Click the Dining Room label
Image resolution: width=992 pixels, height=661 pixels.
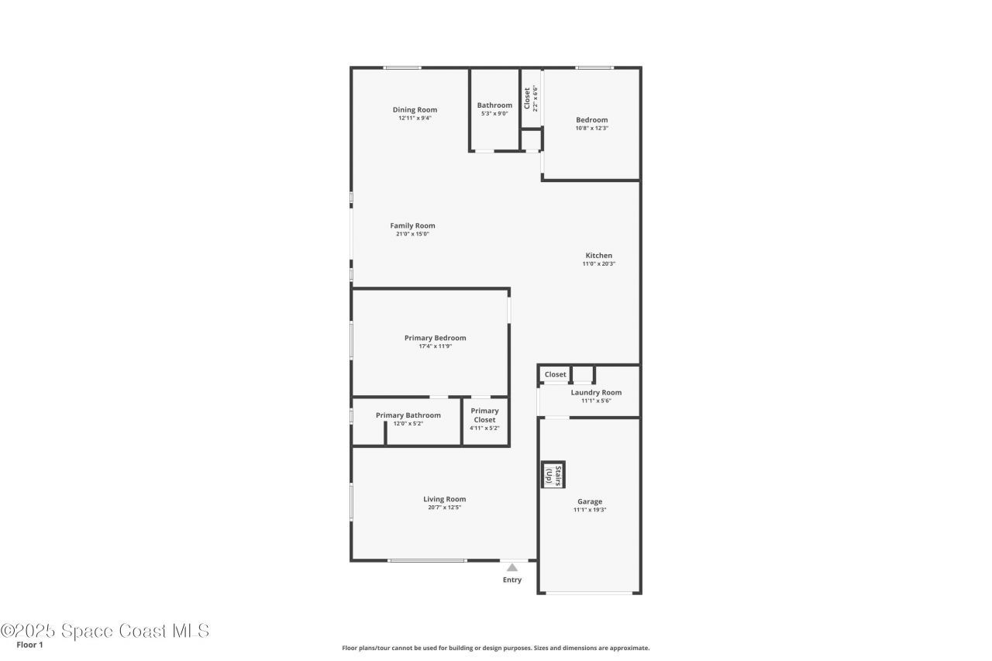tap(415, 110)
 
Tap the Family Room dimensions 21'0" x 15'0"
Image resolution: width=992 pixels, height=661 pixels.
tap(412, 234)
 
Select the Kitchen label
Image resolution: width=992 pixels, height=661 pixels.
tap(598, 256)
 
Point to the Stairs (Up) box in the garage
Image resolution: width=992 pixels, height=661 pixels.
tap(553, 475)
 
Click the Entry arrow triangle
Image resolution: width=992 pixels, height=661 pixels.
tap(512, 567)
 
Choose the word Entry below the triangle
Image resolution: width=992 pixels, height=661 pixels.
tap(512, 580)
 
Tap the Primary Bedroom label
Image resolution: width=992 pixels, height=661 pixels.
tap(435, 338)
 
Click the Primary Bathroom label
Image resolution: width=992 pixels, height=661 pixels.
tap(408, 415)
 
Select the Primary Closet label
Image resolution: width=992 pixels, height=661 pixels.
tap(484, 415)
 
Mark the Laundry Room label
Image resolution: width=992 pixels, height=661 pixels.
tap(596, 392)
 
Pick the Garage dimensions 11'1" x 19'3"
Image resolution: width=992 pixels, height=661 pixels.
tap(590, 510)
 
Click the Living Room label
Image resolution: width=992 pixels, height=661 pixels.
tap(444, 499)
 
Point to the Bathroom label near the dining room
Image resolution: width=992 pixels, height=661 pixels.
tap(494, 105)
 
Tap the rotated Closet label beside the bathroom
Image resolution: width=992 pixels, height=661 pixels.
tap(527, 98)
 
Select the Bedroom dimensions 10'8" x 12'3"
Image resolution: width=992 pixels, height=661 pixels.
tap(591, 128)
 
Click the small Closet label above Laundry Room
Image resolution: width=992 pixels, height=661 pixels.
tap(555, 374)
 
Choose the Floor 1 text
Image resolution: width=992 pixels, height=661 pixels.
tap(29, 645)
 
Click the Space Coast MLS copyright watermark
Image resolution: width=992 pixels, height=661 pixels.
tap(105, 631)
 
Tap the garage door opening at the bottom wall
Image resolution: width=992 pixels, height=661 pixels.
tap(589, 593)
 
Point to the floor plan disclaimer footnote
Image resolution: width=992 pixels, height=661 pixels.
tap(496, 648)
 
